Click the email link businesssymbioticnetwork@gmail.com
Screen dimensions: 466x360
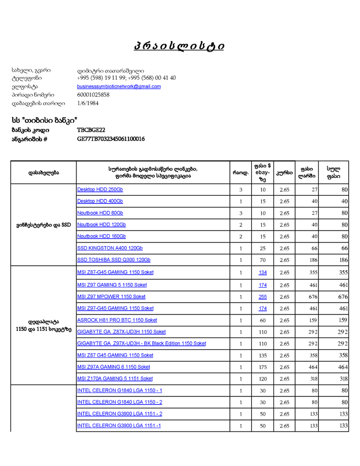[119, 86]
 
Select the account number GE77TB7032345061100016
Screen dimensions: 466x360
[111, 139]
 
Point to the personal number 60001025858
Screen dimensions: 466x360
[93, 95]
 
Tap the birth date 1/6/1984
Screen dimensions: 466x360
[88, 103]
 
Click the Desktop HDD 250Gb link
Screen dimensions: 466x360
[100, 189]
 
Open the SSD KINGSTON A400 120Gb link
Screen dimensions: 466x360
[110, 248]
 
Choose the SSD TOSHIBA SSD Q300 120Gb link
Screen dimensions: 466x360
[114, 260]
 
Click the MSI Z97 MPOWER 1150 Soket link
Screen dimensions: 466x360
[112, 297]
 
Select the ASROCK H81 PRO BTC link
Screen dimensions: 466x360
[117, 320]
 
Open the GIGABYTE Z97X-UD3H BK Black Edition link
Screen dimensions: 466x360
[142, 344]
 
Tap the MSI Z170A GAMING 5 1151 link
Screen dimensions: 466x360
[115, 379]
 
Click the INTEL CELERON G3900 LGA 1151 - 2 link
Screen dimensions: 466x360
[120, 414]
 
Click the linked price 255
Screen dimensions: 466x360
[263, 297]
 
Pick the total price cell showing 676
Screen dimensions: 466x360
[343, 297]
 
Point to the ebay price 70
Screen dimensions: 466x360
[263, 260]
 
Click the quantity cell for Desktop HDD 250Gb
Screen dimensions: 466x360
[240, 190]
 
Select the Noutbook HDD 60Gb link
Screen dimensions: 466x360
[100, 213]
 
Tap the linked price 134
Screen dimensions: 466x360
[263, 273]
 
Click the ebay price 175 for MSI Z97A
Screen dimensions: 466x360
[263, 367]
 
